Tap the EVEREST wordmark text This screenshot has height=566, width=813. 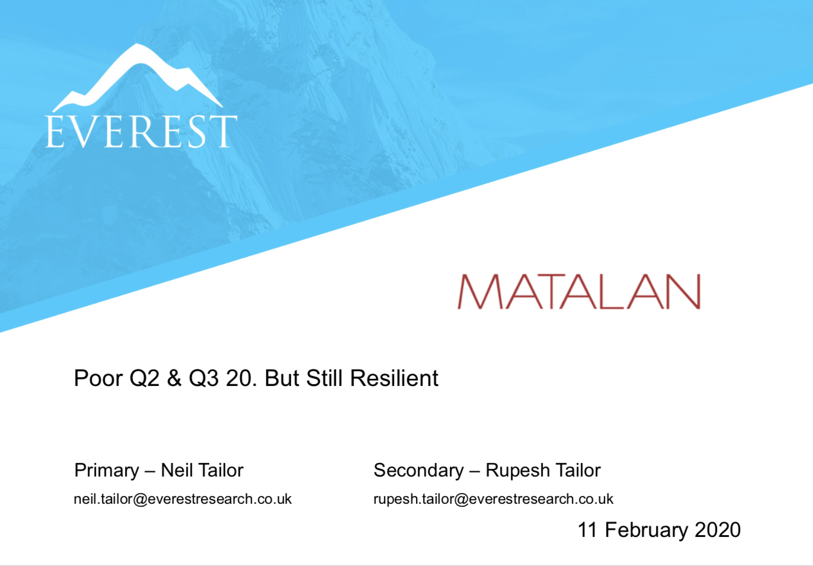(141, 131)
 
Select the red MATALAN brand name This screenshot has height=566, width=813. (580, 291)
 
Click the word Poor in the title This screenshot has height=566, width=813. (98, 378)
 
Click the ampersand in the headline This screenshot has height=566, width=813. (174, 378)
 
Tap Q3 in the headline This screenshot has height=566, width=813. (204, 378)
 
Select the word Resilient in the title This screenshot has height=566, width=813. (394, 378)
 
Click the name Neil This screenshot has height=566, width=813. (175, 470)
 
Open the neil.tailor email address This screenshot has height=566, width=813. (183, 499)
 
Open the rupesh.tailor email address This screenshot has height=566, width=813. (493, 500)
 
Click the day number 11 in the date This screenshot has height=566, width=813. (587, 530)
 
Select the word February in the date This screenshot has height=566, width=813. (646, 530)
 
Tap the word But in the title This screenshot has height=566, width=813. (282, 378)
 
